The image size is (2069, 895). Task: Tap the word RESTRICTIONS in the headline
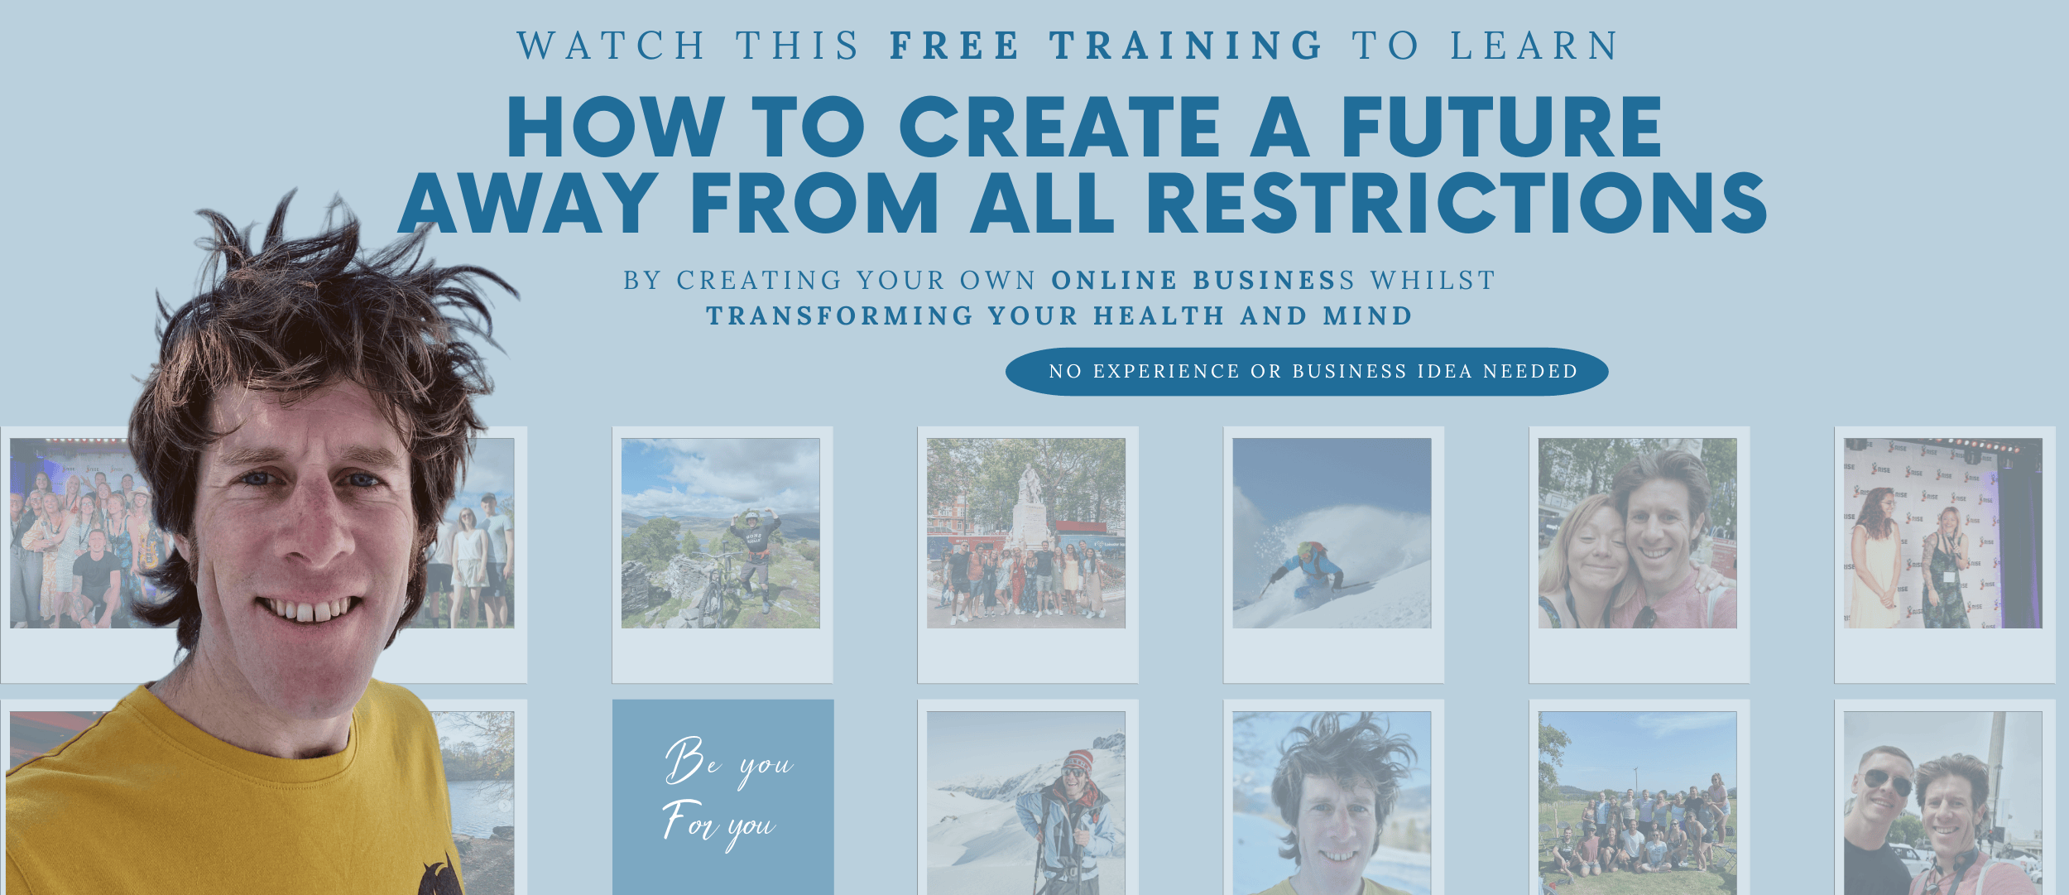pyautogui.click(x=1457, y=203)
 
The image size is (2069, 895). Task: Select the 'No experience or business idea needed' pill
pyautogui.click(x=1307, y=372)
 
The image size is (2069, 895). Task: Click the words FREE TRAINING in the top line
pyautogui.click(x=1107, y=46)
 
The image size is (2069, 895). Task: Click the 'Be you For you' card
pyautogui.click(x=723, y=796)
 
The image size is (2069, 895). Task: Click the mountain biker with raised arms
pyautogui.click(x=752, y=559)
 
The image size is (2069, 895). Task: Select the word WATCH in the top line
pyautogui.click(x=612, y=46)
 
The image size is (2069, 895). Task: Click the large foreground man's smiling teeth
pyautogui.click(x=308, y=609)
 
